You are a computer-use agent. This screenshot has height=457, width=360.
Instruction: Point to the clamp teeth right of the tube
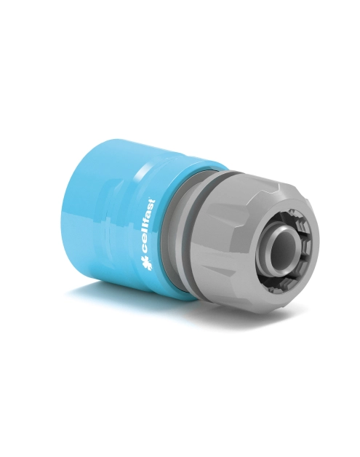pyautogui.click(x=306, y=247)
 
